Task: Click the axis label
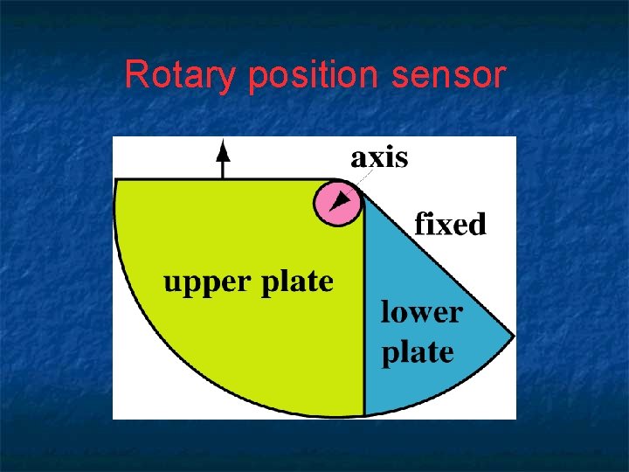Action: coord(379,157)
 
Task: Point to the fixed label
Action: coord(449,225)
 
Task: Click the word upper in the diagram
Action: coord(209,283)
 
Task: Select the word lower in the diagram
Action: coord(421,312)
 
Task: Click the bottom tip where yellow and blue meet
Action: coord(363,414)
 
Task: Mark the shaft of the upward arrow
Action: coord(223,169)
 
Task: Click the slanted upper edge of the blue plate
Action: coord(437,262)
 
